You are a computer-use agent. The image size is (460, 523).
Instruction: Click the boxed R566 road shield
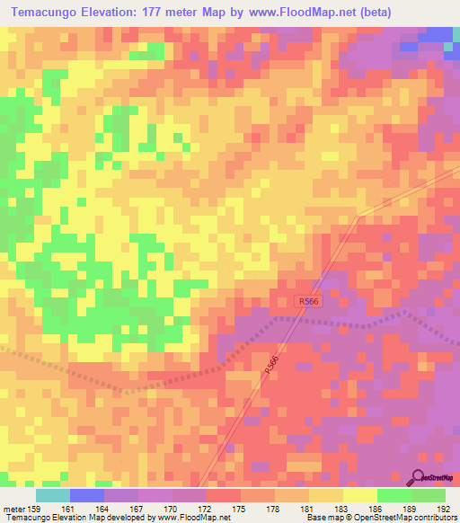click(x=307, y=304)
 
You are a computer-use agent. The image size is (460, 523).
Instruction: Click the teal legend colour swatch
click(x=52, y=495)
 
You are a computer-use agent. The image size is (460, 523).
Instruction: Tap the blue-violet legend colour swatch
click(x=86, y=495)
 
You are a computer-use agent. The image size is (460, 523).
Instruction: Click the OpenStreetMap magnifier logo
click(x=418, y=475)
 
